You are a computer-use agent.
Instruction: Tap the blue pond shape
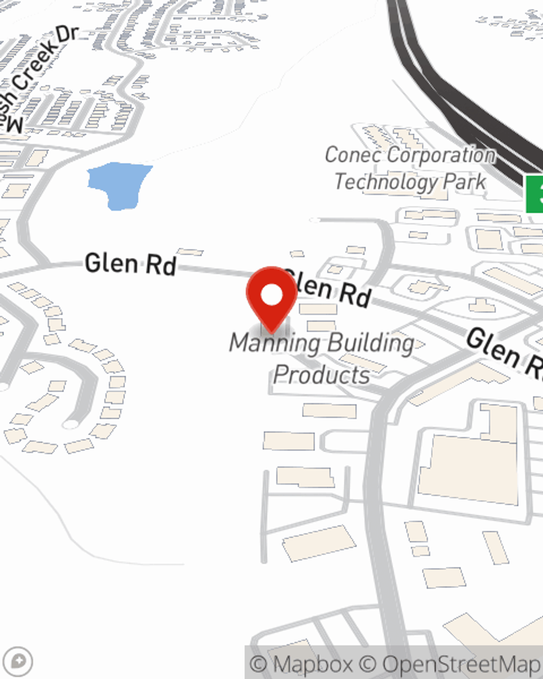click(120, 185)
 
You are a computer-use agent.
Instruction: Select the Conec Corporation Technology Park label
click(410, 168)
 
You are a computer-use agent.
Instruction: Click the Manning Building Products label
click(321, 359)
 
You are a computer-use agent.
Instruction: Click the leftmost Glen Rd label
click(130, 264)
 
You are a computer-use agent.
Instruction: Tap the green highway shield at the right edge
click(535, 194)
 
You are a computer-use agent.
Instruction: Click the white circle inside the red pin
click(271, 296)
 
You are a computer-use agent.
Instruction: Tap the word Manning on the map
click(275, 343)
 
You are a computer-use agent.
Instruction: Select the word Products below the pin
click(321, 375)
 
